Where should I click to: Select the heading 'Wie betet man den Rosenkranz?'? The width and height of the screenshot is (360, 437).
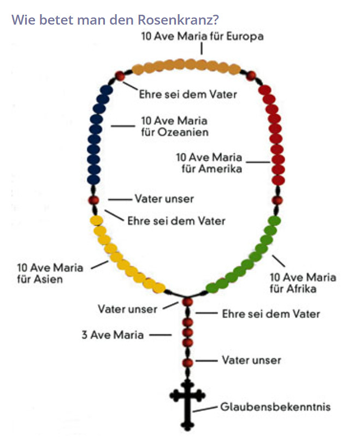click(x=115, y=20)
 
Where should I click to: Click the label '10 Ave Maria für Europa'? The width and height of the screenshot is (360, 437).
click(x=202, y=37)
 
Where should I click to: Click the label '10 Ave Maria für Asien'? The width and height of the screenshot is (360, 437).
click(x=50, y=273)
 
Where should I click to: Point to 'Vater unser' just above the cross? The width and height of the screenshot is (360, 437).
click(x=251, y=360)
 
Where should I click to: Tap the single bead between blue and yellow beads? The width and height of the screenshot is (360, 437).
click(x=94, y=200)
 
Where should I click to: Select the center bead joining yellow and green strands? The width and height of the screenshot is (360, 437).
click(x=188, y=302)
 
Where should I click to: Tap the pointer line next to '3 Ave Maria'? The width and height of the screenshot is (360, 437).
click(x=161, y=335)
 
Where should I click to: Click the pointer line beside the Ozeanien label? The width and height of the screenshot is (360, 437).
click(x=123, y=126)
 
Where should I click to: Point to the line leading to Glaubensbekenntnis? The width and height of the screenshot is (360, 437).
click(x=208, y=409)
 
